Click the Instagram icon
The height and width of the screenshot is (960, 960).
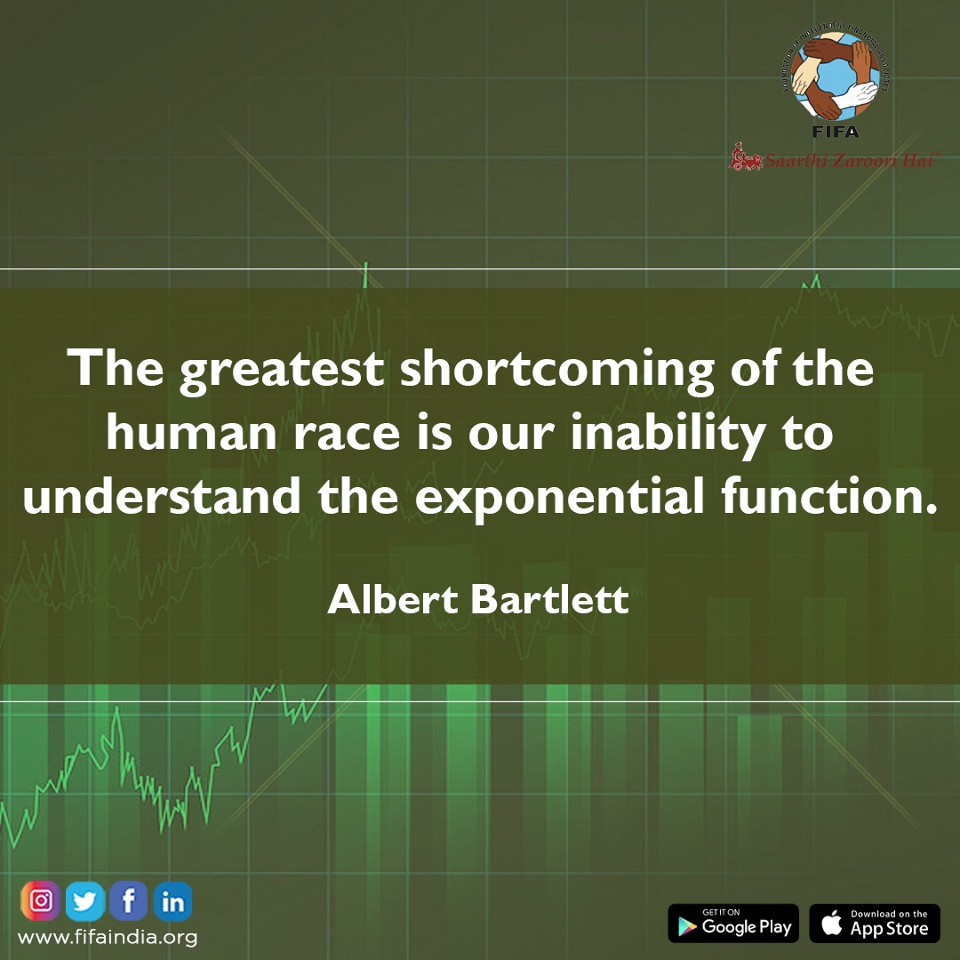pyautogui.click(x=41, y=902)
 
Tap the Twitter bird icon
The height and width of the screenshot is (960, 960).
pyautogui.click(x=85, y=902)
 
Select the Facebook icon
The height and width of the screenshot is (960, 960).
pyautogui.click(x=129, y=902)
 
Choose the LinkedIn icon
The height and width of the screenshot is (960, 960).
pyautogui.click(x=172, y=902)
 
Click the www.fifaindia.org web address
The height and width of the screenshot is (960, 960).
pyautogui.click(x=108, y=937)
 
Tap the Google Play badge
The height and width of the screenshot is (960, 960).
pyautogui.click(x=733, y=924)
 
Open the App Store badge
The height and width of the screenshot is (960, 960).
pyautogui.click(x=875, y=924)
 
